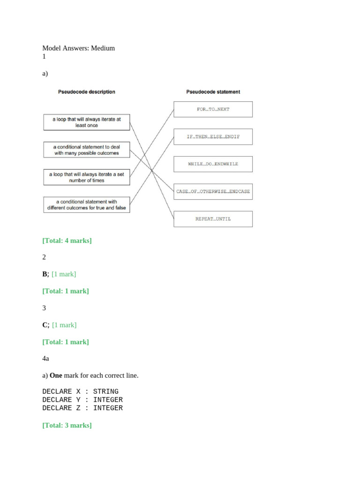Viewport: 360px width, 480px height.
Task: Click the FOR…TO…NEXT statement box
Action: point(213,109)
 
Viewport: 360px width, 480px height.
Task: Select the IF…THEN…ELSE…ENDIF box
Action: point(213,137)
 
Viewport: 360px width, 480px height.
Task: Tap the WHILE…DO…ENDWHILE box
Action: point(213,164)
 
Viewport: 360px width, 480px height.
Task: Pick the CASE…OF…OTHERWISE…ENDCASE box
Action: point(213,191)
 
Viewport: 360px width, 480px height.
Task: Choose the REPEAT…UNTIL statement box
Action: point(213,219)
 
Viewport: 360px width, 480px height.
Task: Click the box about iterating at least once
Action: point(86,122)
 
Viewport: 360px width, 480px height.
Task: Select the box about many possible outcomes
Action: point(86,150)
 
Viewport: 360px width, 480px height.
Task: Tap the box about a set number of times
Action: point(86,177)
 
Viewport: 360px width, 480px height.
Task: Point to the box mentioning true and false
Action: point(86,204)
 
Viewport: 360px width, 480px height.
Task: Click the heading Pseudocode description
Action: point(86,92)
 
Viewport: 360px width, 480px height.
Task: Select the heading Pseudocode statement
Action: point(213,92)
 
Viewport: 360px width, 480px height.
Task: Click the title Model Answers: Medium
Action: point(78,48)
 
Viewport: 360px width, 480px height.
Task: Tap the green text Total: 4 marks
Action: point(67,240)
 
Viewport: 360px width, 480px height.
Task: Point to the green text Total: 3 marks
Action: point(67,425)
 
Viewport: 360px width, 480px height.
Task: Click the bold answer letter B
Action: point(45,274)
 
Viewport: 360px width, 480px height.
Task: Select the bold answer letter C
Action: point(45,325)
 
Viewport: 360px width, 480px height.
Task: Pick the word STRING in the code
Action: point(106,391)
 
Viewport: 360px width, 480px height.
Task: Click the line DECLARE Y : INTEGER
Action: point(82,400)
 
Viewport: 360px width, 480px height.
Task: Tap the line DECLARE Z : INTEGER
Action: point(82,408)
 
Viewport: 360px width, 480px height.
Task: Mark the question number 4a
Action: point(45,359)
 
